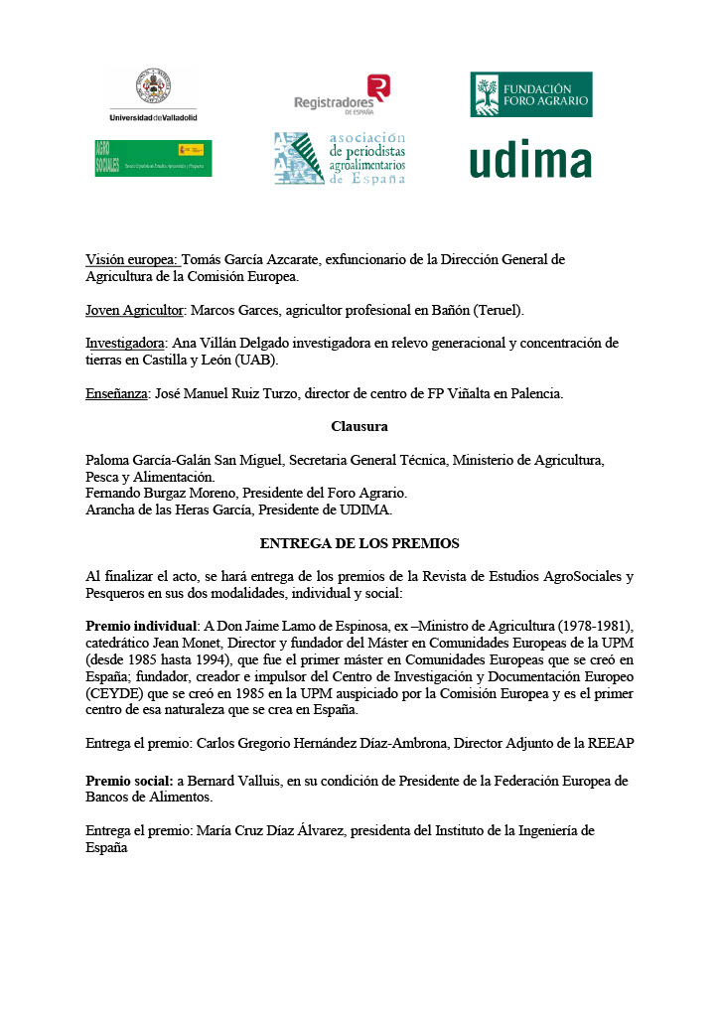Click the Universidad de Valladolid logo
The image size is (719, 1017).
tap(153, 95)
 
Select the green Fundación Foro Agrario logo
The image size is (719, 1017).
tap(531, 94)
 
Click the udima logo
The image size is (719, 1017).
tap(530, 160)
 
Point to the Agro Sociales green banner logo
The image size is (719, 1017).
tap(153, 158)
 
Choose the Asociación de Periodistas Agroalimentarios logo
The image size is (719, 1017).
tap(341, 159)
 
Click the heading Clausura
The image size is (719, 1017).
tap(359, 427)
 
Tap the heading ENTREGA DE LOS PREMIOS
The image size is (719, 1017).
tap(359, 544)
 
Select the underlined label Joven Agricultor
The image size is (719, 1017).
tap(135, 310)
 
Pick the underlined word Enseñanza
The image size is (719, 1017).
tap(116, 393)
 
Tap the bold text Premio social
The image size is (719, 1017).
tap(129, 782)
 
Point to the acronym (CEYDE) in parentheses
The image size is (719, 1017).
tap(117, 693)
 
